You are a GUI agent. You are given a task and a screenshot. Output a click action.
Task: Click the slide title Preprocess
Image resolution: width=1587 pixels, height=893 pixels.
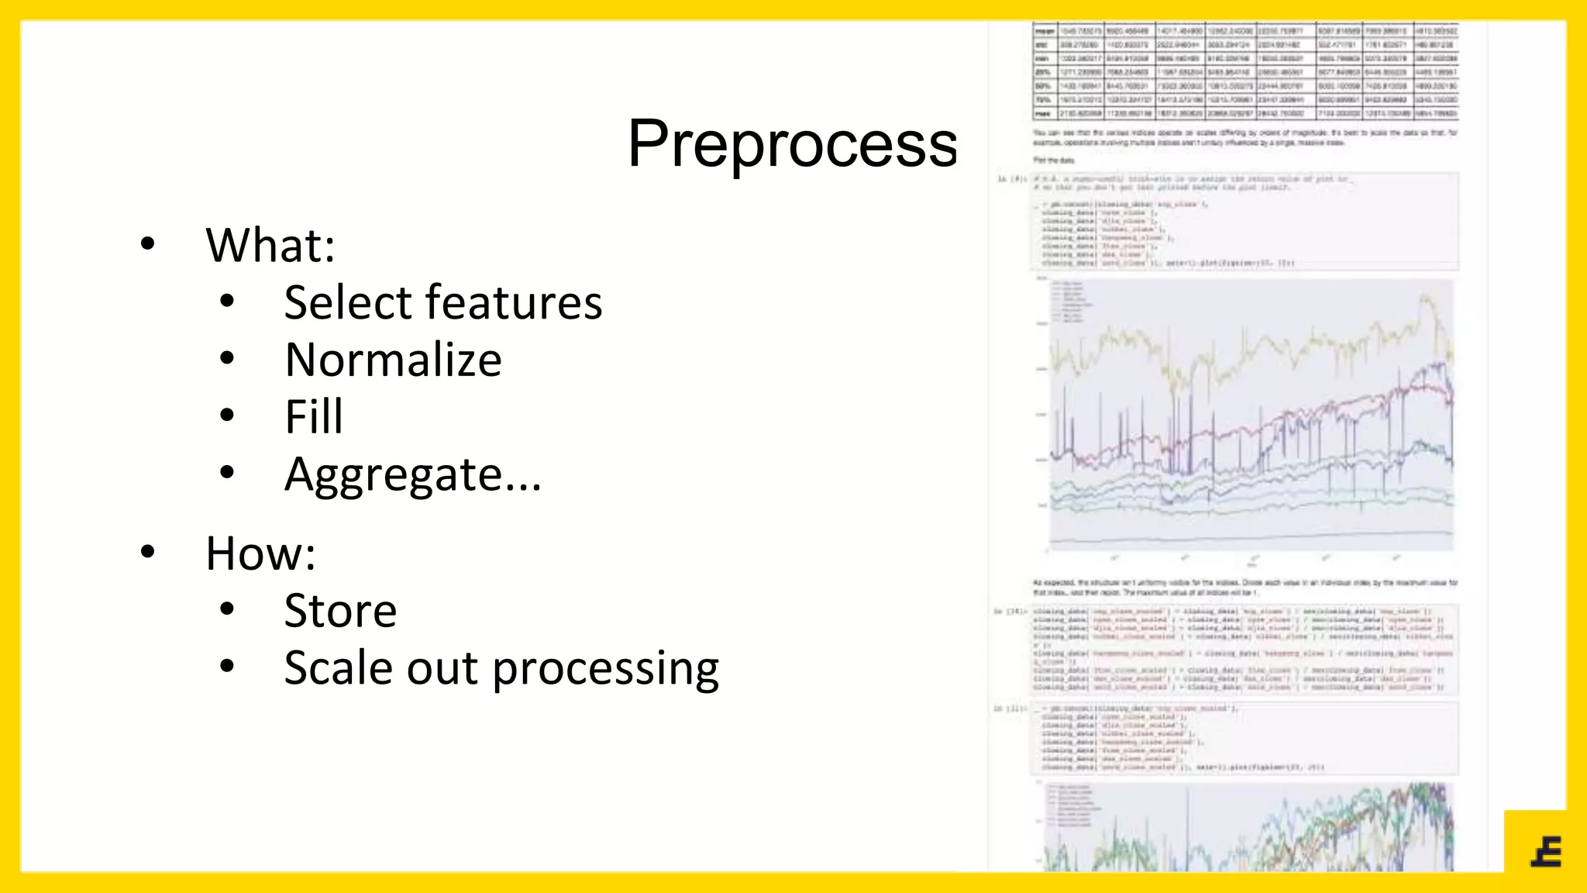coord(792,144)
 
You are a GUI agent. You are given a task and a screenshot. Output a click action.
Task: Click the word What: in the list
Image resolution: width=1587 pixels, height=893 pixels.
coord(270,246)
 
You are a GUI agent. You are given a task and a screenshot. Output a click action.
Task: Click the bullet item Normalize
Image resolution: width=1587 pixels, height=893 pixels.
coord(393,360)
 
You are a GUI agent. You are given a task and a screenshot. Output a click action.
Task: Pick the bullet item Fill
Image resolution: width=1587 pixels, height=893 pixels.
coord(313,417)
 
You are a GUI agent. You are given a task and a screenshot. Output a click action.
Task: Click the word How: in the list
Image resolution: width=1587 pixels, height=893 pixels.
coord(260,553)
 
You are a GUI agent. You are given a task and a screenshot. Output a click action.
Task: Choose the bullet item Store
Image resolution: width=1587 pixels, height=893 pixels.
coord(340,611)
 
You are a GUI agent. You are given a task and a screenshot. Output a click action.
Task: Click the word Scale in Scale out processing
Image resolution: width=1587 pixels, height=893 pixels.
coord(339,668)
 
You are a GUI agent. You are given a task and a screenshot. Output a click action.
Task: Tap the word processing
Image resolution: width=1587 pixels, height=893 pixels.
coord(605,668)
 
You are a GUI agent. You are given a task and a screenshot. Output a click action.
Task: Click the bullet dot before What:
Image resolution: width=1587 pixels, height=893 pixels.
coord(147,245)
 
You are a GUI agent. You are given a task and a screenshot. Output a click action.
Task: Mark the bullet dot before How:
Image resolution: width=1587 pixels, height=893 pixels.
coord(147,553)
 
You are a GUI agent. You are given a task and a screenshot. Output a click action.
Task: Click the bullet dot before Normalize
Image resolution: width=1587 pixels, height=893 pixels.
coord(226,359)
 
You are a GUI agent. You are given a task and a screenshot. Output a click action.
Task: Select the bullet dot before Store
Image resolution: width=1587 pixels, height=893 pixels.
coord(226,609)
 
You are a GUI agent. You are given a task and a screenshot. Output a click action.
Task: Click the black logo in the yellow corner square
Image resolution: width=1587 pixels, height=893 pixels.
coord(1546,852)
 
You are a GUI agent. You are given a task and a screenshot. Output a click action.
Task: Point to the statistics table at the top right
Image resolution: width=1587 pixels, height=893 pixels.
coord(1245,72)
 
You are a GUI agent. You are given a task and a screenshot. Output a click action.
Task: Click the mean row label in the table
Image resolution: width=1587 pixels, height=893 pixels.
coord(1045,31)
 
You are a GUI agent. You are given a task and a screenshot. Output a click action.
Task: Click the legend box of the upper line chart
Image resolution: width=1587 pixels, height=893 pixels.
coord(1072,302)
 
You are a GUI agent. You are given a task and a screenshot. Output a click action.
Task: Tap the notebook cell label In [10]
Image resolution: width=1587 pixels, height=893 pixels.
coord(1010,612)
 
